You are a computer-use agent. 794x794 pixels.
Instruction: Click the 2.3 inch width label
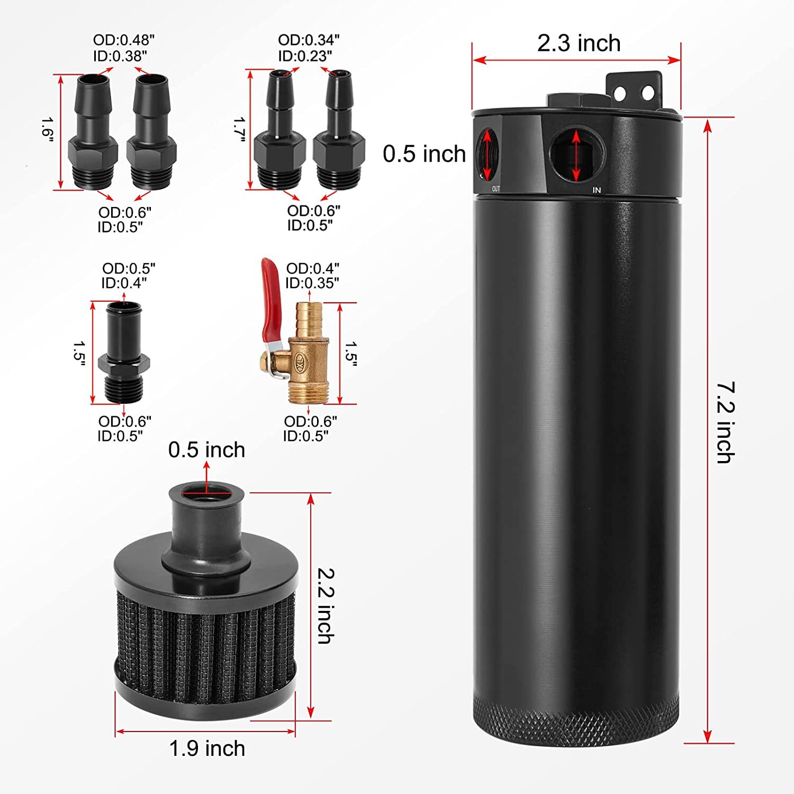(579, 43)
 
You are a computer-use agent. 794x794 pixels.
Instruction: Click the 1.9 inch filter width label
(207, 748)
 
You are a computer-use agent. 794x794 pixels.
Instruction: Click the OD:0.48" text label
(124, 40)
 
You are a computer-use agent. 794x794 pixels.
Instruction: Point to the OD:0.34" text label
(309, 40)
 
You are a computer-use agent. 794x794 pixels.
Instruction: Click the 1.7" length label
(239, 130)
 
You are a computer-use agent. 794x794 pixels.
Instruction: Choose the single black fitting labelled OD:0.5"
(124, 352)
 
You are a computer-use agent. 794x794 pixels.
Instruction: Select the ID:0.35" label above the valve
(312, 283)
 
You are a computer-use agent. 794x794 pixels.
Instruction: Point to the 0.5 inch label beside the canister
(424, 154)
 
